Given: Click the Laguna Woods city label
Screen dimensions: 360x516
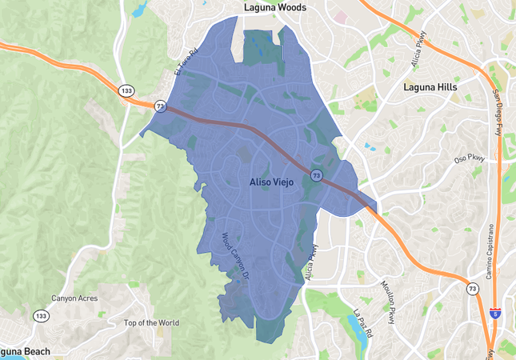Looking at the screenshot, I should click(x=274, y=7).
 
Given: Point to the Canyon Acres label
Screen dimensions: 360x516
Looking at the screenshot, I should click(x=74, y=299).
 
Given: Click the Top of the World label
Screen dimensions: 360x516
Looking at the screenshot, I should click(x=151, y=323).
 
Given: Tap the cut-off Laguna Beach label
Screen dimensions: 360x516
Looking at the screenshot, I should click(x=24, y=352).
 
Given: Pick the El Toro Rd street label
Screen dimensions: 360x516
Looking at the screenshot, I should click(x=186, y=62).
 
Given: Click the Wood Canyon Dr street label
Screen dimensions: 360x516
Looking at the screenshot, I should click(x=237, y=255).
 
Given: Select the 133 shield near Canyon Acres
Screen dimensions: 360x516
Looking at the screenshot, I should click(x=41, y=317).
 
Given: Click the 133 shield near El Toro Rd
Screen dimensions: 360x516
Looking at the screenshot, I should click(x=126, y=90).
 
